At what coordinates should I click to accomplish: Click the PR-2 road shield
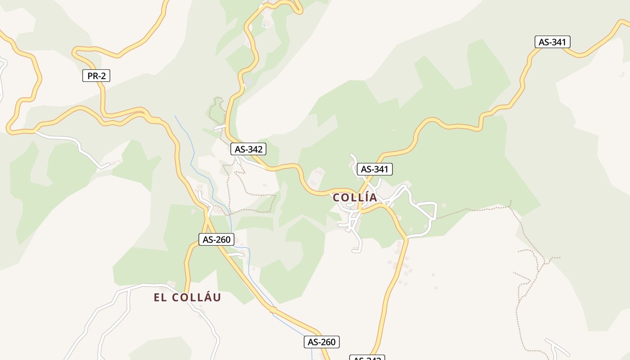click(x=96, y=76)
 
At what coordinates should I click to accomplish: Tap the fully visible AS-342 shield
click(x=248, y=149)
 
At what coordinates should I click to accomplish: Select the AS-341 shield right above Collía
click(x=375, y=169)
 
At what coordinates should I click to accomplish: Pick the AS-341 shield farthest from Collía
click(x=552, y=42)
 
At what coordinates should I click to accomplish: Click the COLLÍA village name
click(x=355, y=198)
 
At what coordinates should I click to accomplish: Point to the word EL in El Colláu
click(x=160, y=297)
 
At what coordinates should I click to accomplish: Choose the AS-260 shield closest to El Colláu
click(x=216, y=239)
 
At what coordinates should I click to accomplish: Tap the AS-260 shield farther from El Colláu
click(x=321, y=342)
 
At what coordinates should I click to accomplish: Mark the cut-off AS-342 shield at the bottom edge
click(x=367, y=358)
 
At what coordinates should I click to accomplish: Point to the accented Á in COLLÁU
click(x=207, y=297)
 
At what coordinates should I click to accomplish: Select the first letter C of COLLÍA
click(x=336, y=198)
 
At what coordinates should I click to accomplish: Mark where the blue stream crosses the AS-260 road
click(x=272, y=310)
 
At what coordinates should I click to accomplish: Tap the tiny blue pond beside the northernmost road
click(x=264, y=25)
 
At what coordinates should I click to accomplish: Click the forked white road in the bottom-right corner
click(x=557, y=347)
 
